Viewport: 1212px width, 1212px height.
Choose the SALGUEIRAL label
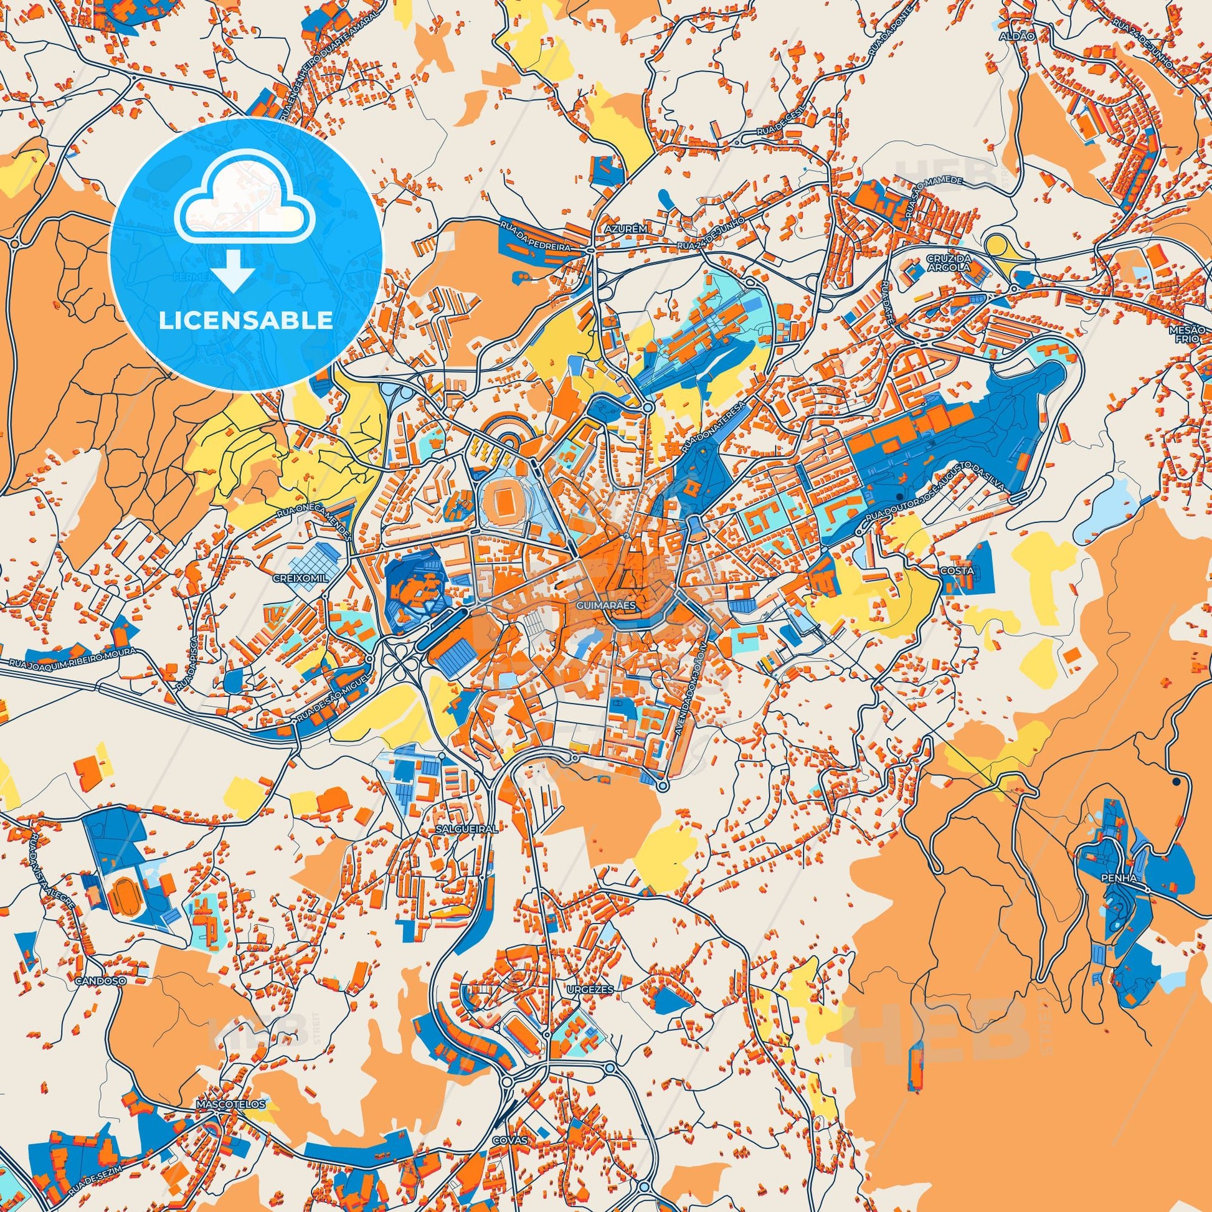[x=467, y=828]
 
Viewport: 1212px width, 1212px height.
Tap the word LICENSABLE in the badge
[x=246, y=321]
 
